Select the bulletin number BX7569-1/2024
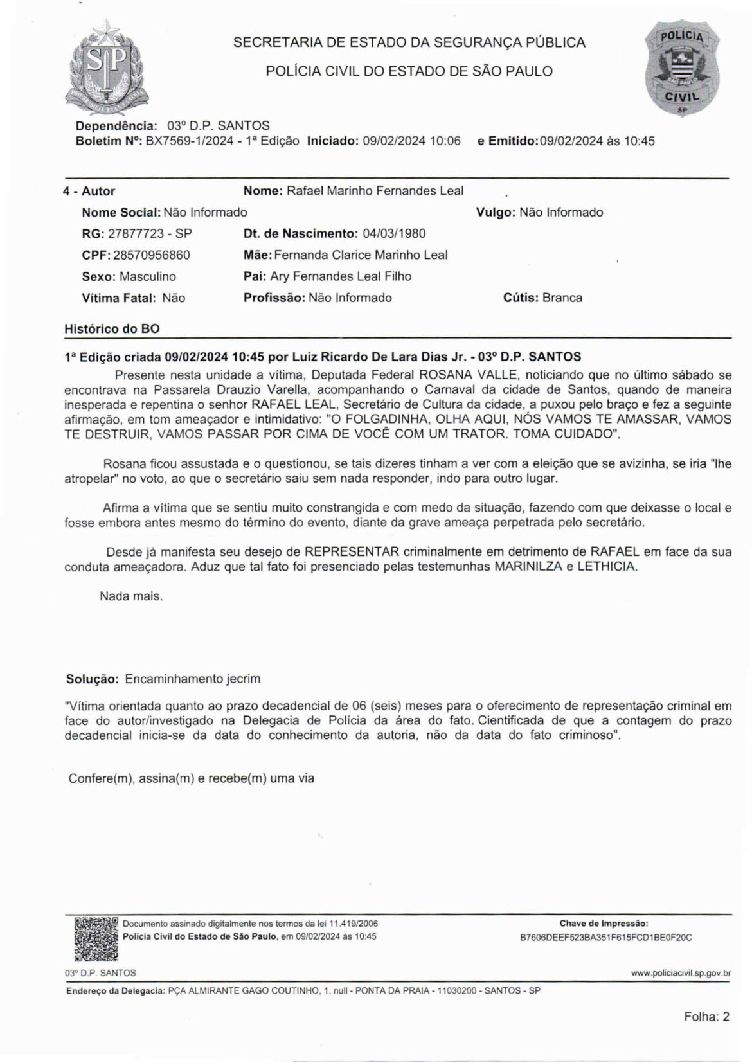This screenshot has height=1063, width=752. click(x=190, y=141)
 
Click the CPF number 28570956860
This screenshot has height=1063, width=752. click(x=152, y=255)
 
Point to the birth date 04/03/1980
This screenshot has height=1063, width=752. click(x=392, y=233)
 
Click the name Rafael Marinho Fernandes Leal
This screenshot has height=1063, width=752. click(x=375, y=191)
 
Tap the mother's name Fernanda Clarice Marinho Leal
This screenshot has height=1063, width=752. click(x=361, y=255)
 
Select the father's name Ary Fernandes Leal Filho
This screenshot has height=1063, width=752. click(x=341, y=276)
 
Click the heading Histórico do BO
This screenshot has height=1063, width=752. click(x=112, y=329)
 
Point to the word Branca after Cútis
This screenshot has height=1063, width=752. click(x=562, y=298)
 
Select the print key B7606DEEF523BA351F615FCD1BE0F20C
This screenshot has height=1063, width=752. click(x=605, y=937)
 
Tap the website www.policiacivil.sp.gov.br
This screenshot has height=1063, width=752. click(x=681, y=973)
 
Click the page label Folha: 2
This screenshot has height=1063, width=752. click(x=706, y=1017)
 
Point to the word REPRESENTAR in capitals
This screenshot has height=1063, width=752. click(x=352, y=552)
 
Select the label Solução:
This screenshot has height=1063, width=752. click(x=92, y=679)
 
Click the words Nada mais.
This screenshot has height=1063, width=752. click(x=131, y=596)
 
